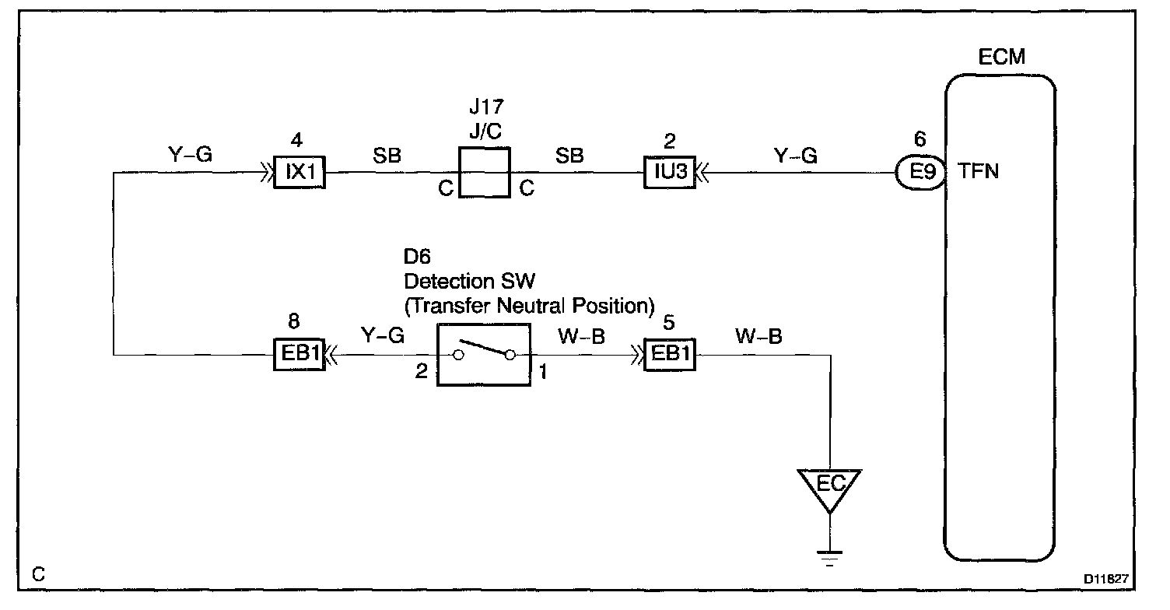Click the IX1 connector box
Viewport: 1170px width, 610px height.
click(300, 173)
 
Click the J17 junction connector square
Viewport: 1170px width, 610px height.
click(484, 172)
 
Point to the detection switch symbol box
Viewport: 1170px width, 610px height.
click(484, 355)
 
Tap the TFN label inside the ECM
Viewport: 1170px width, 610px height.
click(979, 172)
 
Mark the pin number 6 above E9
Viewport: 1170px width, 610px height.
click(920, 140)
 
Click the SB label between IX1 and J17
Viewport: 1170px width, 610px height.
click(387, 156)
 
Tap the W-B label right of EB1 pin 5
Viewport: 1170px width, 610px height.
click(758, 336)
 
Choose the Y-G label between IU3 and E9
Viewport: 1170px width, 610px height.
click(795, 156)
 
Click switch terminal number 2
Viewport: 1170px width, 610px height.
click(422, 372)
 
